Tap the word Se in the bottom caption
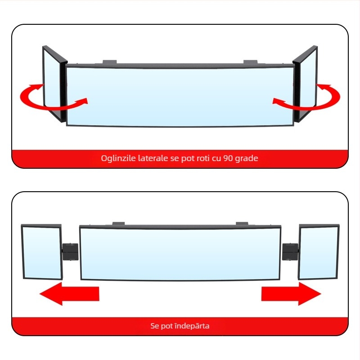pyautogui.click(x=154, y=326)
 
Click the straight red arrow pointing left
pyautogui.click(x=69, y=294)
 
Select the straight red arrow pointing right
pyautogui.click(x=291, y=294)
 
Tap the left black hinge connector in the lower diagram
pyautogui.click(x=70, y=252)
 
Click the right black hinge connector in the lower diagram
pyautogui.click(x=290, y=252)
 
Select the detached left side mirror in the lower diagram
pyautogui.click(x=42, y=252)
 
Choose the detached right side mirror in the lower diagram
pyautogui.click(x=319, y=252)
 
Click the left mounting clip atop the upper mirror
pyautogui.click(x=109, y=62)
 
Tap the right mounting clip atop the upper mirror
pyautogui.click(x=251, y=62)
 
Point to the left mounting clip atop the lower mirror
pyautogui.click(x=118, y=224)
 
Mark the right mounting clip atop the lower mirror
pyautogui.click(x=242, y=224)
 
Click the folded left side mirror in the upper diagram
pyautogui.click(x=54, y=84)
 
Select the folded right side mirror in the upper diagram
pyautogui.click(x=306, y=84)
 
